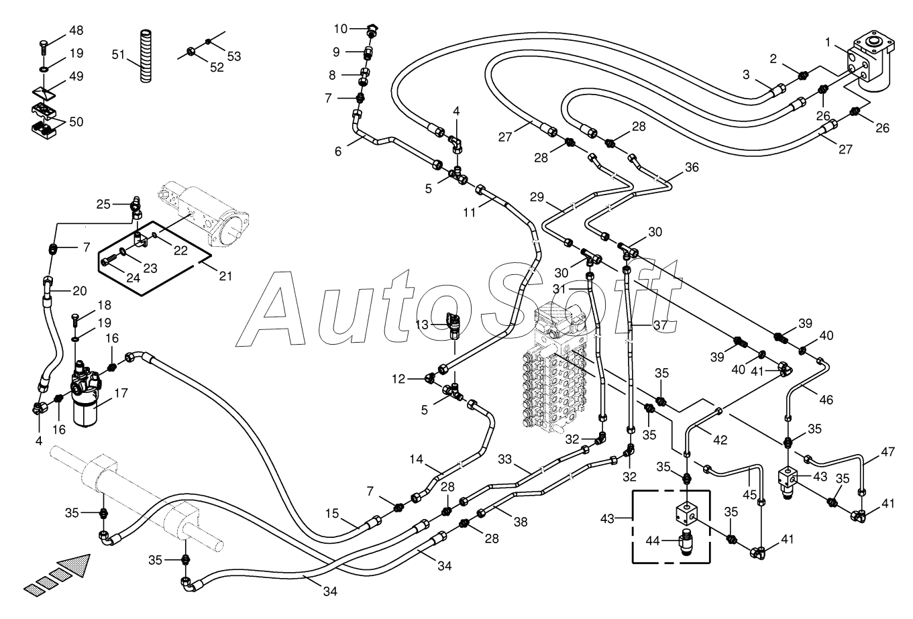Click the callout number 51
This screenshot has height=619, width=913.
click(x=118, y=54)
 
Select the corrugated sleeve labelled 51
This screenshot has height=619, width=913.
click(x=146, y=56)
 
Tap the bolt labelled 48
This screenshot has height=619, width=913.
click(x=43, y=48)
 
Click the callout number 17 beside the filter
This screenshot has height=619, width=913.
click(x=121, y=393)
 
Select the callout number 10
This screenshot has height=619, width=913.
click(x=340, y=29)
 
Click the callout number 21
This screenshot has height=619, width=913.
click(x=225, y=276)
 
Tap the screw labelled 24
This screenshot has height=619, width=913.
click(x=109, y=260)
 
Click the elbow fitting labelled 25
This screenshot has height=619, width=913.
click(x=137, y=206)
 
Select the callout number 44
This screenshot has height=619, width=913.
click(x=652, y=541)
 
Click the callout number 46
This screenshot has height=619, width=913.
click(x=826, y=400)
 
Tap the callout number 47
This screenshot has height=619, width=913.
click(x=888, y=452)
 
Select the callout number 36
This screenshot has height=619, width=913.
click(x=692, y=167)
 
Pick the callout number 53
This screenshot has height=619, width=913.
click(x=234, y=56)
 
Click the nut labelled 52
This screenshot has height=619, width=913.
click(x=190, y=52)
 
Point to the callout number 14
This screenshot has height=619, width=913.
click(x=416, y=459)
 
